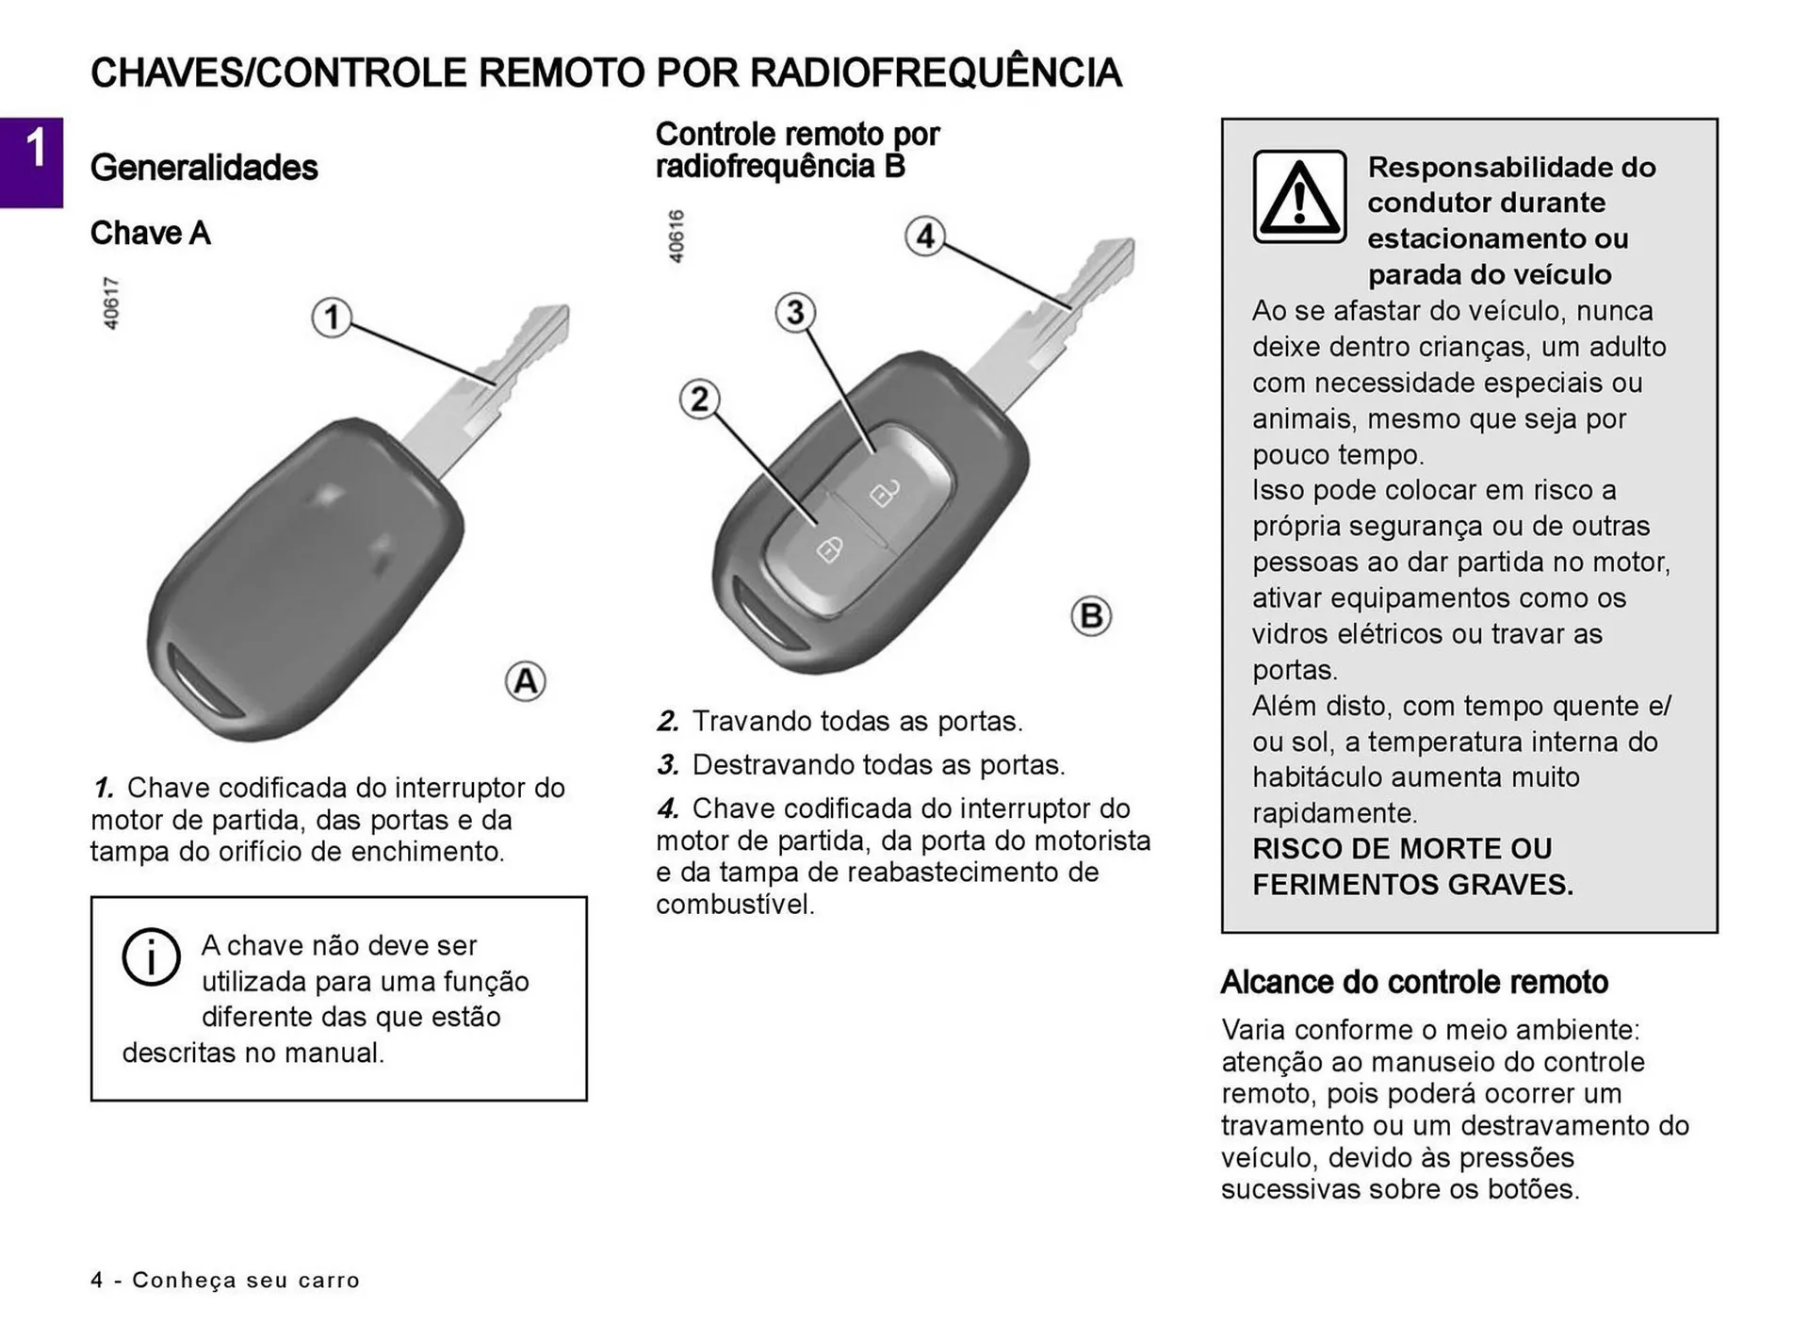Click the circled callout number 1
(331, 318)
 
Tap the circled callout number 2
(699, 400)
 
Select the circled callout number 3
(795, 312)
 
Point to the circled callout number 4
(925, 236)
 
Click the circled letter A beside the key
(525, 681)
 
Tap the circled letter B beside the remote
(1091, 616)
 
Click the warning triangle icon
(1299, 197)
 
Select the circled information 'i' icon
(151, 957)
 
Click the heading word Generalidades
(204, 168)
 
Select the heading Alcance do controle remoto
(1413, 982)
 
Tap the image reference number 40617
(111, 303)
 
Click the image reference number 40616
(676, 237)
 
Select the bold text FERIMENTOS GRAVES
(1411, 885)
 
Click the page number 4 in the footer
(97, 1280)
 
